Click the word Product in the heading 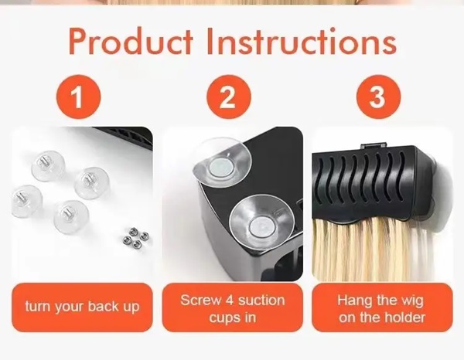(131, 42)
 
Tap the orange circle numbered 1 (78, 97)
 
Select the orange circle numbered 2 (228, 97)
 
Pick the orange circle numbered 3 (378, 97)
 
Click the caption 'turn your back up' (82, 307)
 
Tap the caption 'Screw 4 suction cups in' (233, 308)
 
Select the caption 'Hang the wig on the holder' (382, 308)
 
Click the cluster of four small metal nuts (136, 237)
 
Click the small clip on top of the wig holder (374, 145)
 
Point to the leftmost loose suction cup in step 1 (26, 201)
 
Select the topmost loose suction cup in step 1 (48, 165)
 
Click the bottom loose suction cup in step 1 (71, 216)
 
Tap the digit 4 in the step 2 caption (230, 301)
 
